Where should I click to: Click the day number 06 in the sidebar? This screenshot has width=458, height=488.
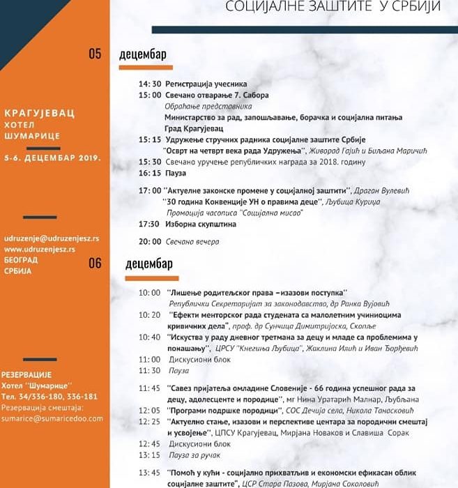[95, 263]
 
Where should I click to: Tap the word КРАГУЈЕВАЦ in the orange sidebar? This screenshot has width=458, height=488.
[39, 112]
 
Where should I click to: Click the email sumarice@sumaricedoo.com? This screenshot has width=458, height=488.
[52, 418]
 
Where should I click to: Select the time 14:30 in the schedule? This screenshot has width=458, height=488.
[149, 84]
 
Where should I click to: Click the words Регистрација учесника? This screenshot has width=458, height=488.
[206, 84]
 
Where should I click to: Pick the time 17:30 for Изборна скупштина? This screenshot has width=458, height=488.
[149, 224]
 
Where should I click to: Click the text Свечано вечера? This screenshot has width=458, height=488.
[192, 242]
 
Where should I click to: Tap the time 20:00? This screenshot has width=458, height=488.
[149, 242]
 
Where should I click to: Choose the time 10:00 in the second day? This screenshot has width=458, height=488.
[149, 293]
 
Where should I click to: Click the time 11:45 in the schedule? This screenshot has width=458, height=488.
[149, 388]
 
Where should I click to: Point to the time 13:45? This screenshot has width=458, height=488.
[149, 473]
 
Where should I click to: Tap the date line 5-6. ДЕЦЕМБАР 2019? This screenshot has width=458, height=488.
[52, 158]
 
